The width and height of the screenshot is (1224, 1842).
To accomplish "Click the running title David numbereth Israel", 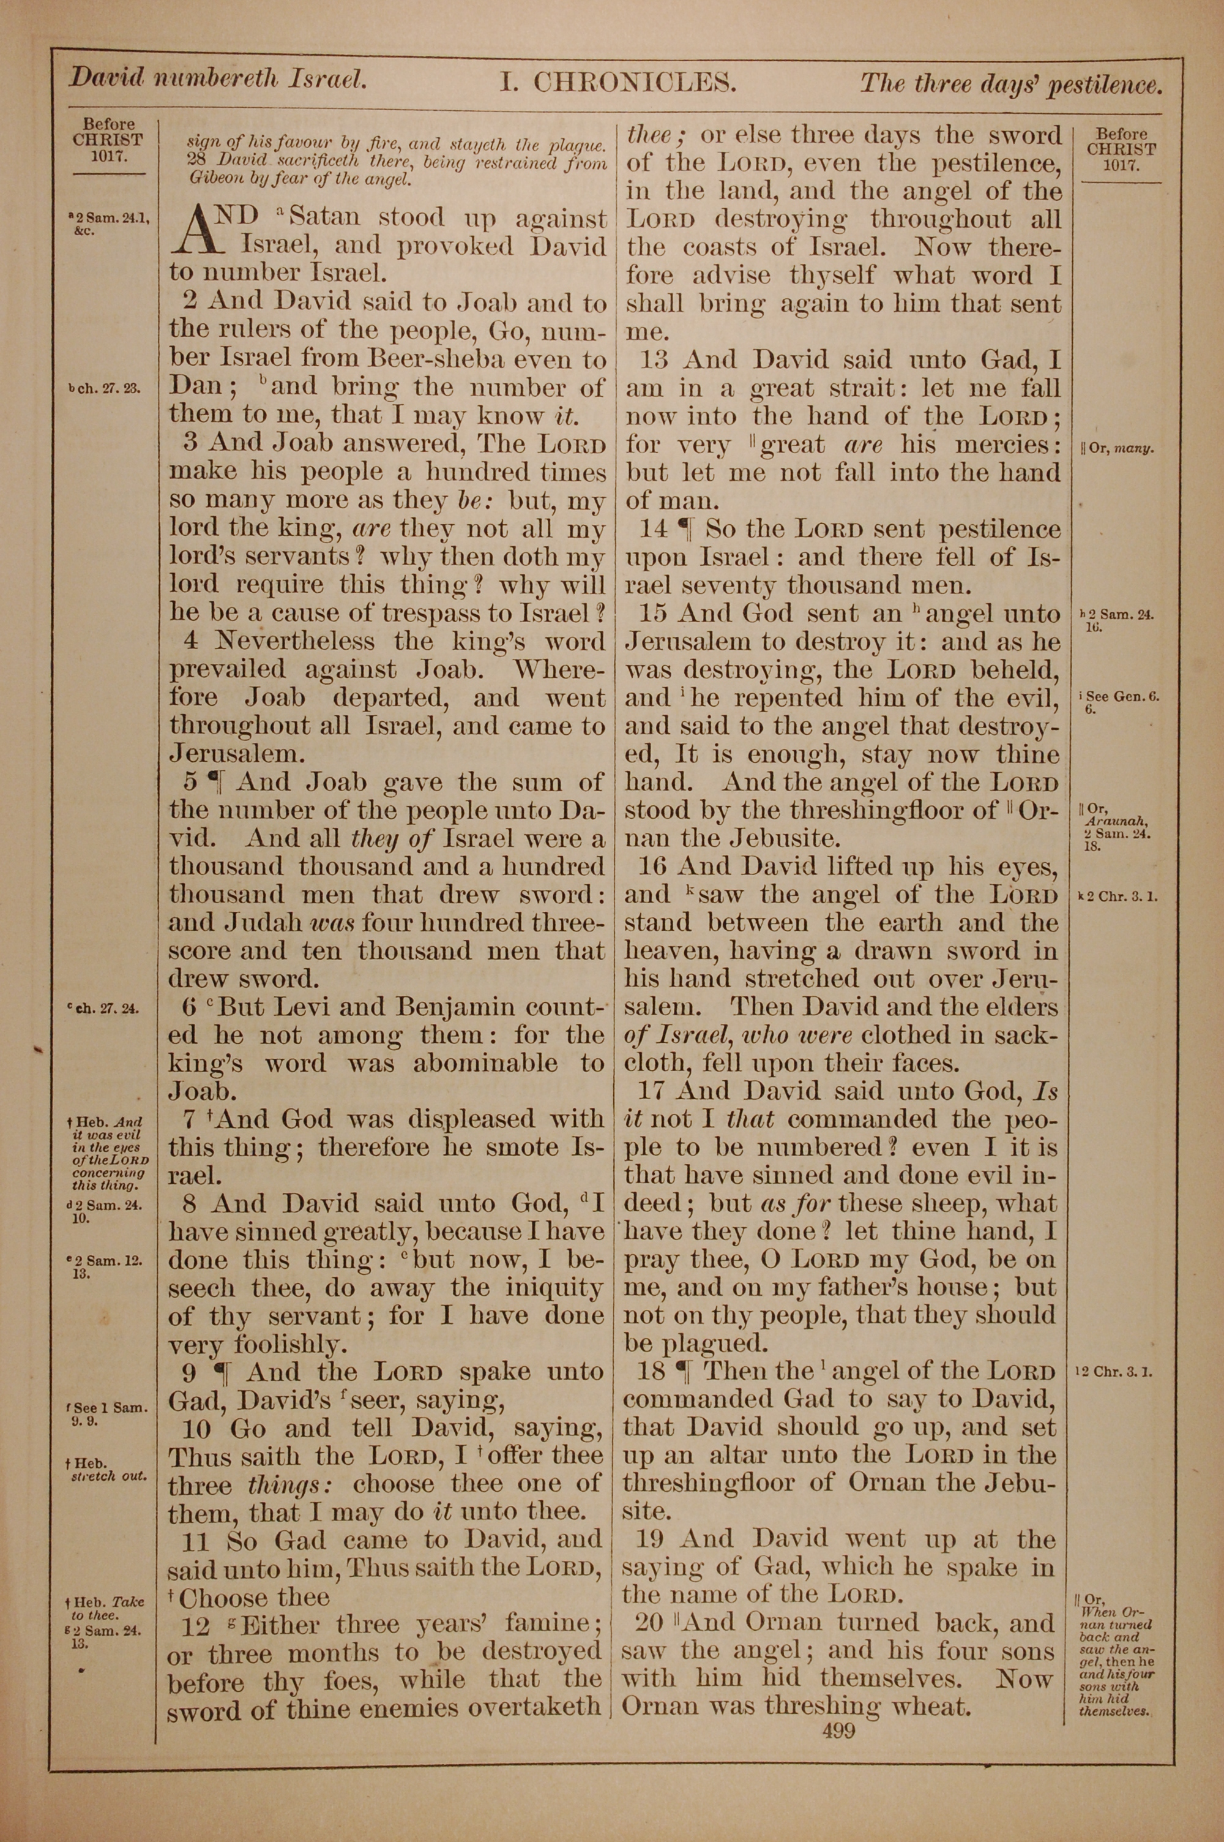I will pyautogui.click(x=218, y=79).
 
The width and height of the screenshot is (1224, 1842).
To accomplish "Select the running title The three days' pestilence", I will pyautogui.click(x=1011, y=83).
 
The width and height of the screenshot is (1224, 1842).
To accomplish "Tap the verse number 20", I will pyautogui.click(x=649, y=1623).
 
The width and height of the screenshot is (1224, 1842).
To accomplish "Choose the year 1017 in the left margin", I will pyautogui.click(x=108, y=156).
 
